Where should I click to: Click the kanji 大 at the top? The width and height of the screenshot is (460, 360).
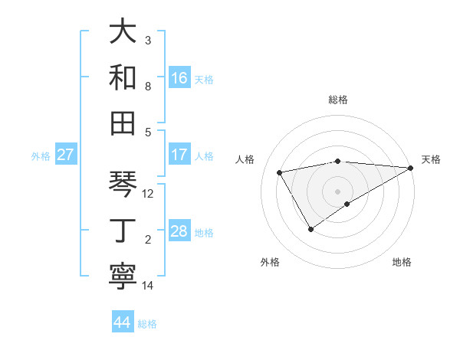[x=123, y=31]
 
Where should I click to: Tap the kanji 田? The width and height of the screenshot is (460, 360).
[x=123, y=122]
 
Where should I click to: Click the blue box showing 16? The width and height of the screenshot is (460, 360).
[x=179, y=77]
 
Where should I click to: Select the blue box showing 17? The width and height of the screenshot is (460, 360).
[x=179, y=155]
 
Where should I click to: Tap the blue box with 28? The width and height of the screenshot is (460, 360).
[x=179, y=231]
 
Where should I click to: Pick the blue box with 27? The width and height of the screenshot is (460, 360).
[x=66, y=155]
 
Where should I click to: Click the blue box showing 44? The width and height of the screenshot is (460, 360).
[x=123, y=322]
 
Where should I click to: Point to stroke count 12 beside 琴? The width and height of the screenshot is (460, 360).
[x=149, y=194]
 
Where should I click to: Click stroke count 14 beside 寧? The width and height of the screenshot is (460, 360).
[x=148, y=286]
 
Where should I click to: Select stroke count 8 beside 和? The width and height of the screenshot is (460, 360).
[x=148, y=86]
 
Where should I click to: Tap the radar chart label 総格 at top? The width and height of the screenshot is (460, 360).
[x=338, y=100]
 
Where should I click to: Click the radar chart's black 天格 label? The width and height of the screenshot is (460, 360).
[x=431, y=159]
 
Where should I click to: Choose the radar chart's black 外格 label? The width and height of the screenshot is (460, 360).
[x=270, y=262]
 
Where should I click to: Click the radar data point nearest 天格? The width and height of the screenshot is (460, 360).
[x=411, y=168]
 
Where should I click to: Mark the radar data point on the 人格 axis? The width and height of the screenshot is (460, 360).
[x=280, y=172]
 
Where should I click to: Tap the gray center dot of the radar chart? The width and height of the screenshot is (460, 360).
[x=338, y=191]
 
